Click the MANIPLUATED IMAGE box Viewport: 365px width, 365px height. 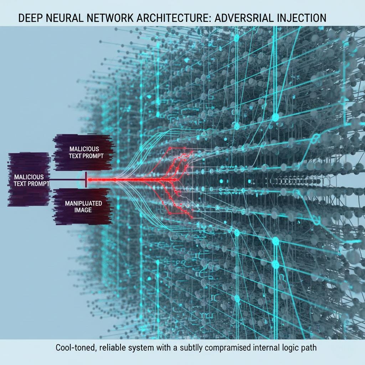click(83, 207)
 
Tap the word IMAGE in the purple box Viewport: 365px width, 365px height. click(83, 210)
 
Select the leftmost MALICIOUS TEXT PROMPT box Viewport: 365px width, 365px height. click(29, 180)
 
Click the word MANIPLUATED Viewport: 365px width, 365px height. click(83, 203)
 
